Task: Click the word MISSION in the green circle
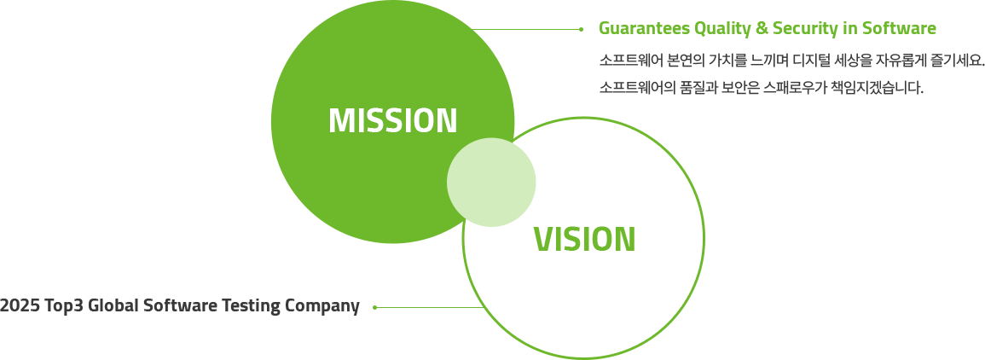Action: click(x=392, y=120)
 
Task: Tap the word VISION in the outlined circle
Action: click(x=584, y=239)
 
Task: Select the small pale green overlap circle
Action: click(x=491, y=183)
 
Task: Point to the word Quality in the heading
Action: click(x=714, y=30)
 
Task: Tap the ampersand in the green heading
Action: click(x=751, y=29)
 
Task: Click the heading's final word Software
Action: click(x=898, y=29)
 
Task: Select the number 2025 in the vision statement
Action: click(x=20, y=306)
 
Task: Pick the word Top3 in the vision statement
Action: click(x=66, y=306)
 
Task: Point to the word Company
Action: click(x=322, y=306)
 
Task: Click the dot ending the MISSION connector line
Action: click(x=582, y=29)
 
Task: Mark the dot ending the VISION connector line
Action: click(x=375, y=307)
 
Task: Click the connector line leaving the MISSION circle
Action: click(x=526, y=29)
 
